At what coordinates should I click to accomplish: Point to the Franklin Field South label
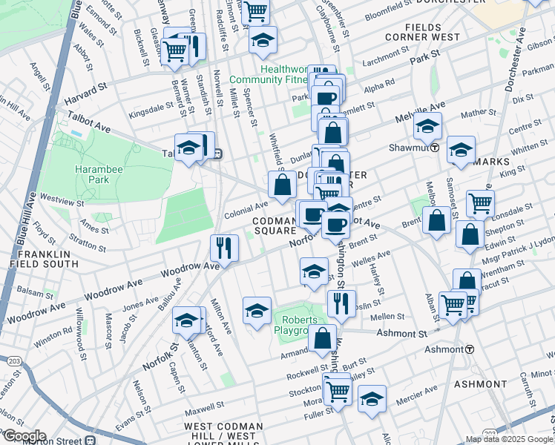click(x=40, y=259)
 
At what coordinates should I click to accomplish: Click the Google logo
click(x=24, y=435)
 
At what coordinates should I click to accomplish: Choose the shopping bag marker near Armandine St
click(x=323, y=339)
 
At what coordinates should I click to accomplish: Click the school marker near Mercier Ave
click(x=372, y=398)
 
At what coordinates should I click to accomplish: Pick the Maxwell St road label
click(x=205, y=407)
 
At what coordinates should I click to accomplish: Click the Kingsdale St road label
click(x=150, y=115)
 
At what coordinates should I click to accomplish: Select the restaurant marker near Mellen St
click(x=341, y=303)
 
